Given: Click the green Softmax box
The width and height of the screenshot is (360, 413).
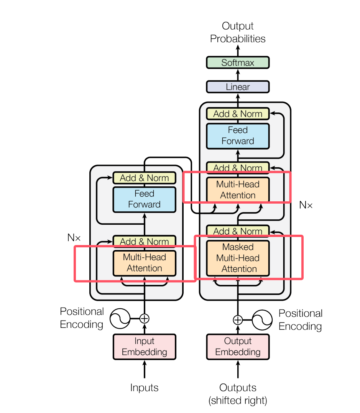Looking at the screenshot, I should (x=238, y=63).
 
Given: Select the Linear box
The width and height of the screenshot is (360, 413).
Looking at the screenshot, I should (x=238, y=87).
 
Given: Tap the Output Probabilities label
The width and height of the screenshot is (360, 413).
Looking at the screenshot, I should (x=238, y=32).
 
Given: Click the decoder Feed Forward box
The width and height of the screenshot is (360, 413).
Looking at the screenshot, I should (x=238, y=136).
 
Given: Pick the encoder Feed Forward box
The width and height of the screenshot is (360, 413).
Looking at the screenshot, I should (x=144, y=199).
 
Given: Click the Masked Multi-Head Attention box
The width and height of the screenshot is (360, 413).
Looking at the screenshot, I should (x=238, y=258).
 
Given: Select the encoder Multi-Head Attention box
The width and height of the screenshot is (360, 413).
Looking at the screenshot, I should (x=144, y=263).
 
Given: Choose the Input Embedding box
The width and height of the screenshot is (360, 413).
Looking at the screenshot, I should (x=144, y=346).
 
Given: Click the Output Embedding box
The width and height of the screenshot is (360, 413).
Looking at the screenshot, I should (x=238, y=346).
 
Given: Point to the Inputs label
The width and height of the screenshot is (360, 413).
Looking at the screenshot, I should (x=144, y=388).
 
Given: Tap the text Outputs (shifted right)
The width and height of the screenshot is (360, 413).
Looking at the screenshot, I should (x=238, y=394).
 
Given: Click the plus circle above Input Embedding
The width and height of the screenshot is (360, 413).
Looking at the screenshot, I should (x=144, y=318).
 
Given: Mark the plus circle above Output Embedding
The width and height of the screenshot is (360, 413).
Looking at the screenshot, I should (x=238, y=319).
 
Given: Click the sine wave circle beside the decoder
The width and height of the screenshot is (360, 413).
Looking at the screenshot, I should (x=262, y=319).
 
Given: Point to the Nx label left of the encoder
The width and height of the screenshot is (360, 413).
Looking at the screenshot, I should (x=74, y=237).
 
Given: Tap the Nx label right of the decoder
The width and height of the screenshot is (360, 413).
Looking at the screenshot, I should (x=306, y=205).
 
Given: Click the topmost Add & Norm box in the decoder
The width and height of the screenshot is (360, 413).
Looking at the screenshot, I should (x=238, y=114).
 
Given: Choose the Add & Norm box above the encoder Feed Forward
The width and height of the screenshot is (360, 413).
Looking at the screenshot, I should (x=144, y=178).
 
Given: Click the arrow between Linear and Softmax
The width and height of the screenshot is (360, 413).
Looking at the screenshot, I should (x=238, y=74).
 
